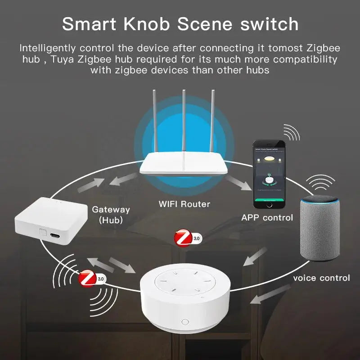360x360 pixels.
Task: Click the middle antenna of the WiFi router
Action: pyautogui.click(x=184, y=121)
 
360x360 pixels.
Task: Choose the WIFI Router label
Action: pyautogui.click(x=184, y=204)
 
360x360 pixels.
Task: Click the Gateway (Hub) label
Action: pyautogui.click(x=111, y=214)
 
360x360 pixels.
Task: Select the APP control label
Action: pyautogui.click(x=267, y=217)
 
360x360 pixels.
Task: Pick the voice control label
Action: pyautogui.click(x=321, y=278)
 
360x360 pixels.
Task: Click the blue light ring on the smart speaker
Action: pyautogui.click(x=320, y=199)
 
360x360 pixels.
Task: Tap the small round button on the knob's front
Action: pyautogui.click(x=184, y=322)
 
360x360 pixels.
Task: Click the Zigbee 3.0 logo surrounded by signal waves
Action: pyautogui.click(x=88, y=279)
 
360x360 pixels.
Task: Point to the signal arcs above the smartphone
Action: pyautogui.click(x=291, y=134)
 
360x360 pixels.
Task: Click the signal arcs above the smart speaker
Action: pyautogui.click(x=321, y=182)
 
